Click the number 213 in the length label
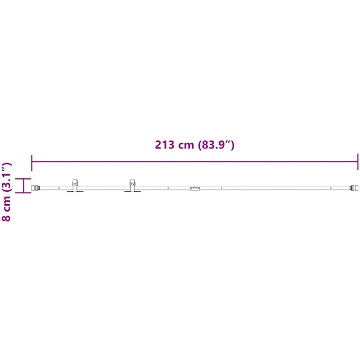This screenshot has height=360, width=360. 164,145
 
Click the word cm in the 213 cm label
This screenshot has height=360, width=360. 186,146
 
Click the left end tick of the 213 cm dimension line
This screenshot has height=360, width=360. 31,163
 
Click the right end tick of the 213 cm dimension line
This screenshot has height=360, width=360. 358,162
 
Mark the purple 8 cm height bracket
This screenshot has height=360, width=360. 23,185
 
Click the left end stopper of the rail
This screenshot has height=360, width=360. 35,188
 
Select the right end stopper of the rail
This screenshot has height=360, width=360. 354,188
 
